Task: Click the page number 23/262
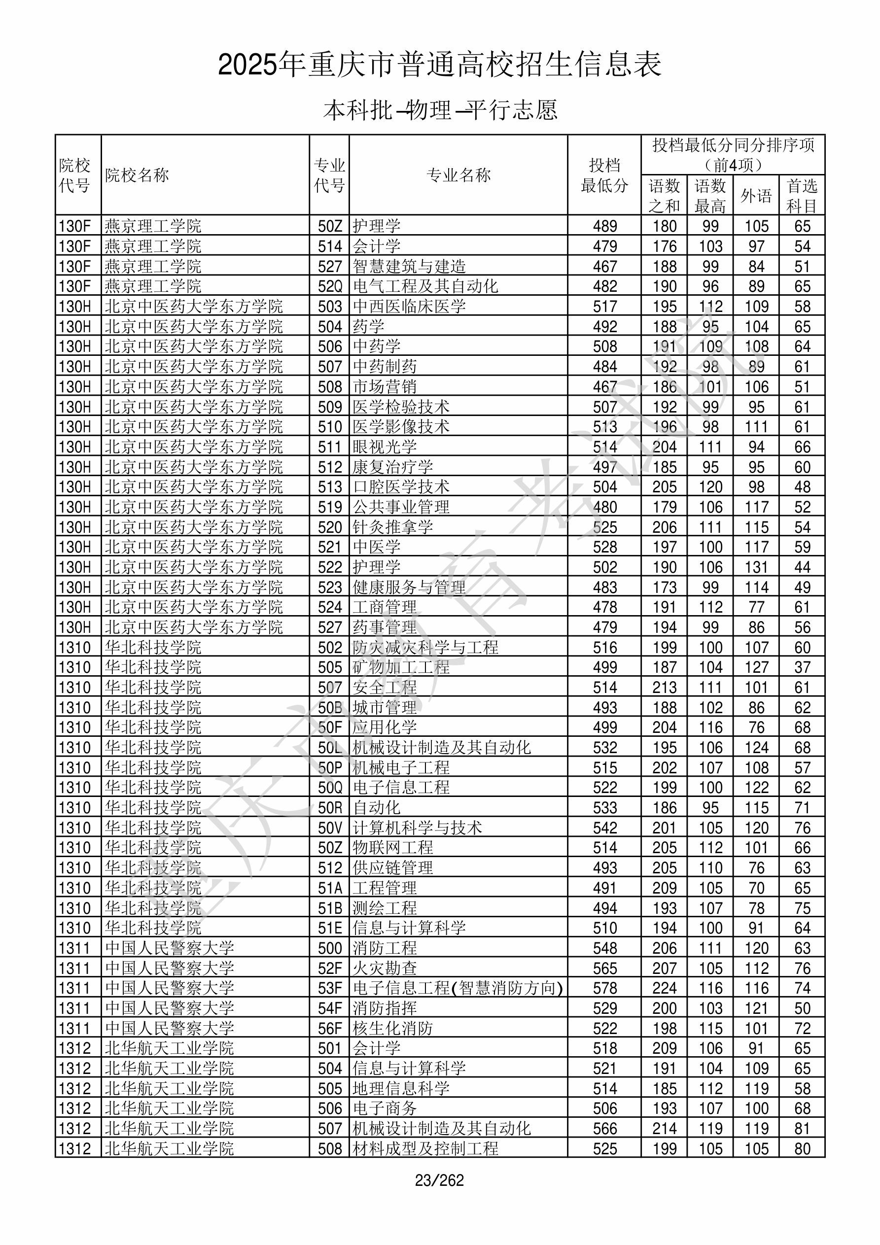pos(439,1180)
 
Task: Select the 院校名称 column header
pos(137,175)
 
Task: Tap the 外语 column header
pos(756,196)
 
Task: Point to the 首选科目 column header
pos(802,196)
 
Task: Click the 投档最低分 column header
pos(604,175)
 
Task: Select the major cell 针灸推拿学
pos(393,527)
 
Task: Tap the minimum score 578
pos(605,989)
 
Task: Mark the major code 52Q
pos(330,286)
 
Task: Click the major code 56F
pos(330,1029)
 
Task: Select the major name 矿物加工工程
pos(401,667)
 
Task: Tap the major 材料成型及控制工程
pos(425,1149)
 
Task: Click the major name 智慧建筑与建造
pos(409,266)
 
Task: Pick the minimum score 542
pos(605,828)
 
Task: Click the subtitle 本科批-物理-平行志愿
pos(440,110)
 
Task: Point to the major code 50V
pos(330,828)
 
